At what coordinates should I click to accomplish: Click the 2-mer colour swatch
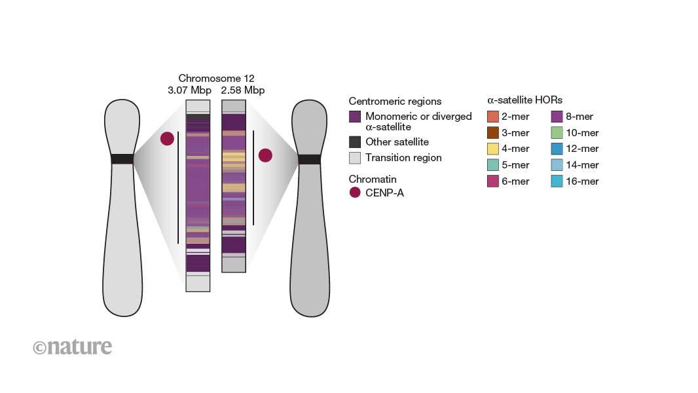tap(493, 117)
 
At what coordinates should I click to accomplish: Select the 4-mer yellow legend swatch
tap(493, 149)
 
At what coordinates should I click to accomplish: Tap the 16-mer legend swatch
tap(557, 181)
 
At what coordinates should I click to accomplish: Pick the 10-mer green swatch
tap(557, 132)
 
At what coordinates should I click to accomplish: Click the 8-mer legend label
tap(580, 117)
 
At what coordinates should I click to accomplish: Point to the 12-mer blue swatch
tap(557, 149)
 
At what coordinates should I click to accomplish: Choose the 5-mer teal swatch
tap(493, 165)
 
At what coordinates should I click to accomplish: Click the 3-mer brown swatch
tap(493, 132)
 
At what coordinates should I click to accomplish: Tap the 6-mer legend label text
tap(515, 181)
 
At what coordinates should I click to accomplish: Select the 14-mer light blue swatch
tap(557, 165)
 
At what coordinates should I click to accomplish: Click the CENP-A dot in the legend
tap(355, 193)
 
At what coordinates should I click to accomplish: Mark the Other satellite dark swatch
tap(355, 141)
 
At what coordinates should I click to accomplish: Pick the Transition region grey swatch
tap(355, 157)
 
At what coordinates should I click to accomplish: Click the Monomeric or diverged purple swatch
tap(355, 117)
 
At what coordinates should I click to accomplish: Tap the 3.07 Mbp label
tap(190, 90)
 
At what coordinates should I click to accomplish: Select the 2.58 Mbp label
tap(243, 90)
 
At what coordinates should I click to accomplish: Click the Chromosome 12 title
tap(216, 79)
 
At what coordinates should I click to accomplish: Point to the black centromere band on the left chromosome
tap(122, 159)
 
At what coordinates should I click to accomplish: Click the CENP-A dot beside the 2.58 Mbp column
tap(265, 155)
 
